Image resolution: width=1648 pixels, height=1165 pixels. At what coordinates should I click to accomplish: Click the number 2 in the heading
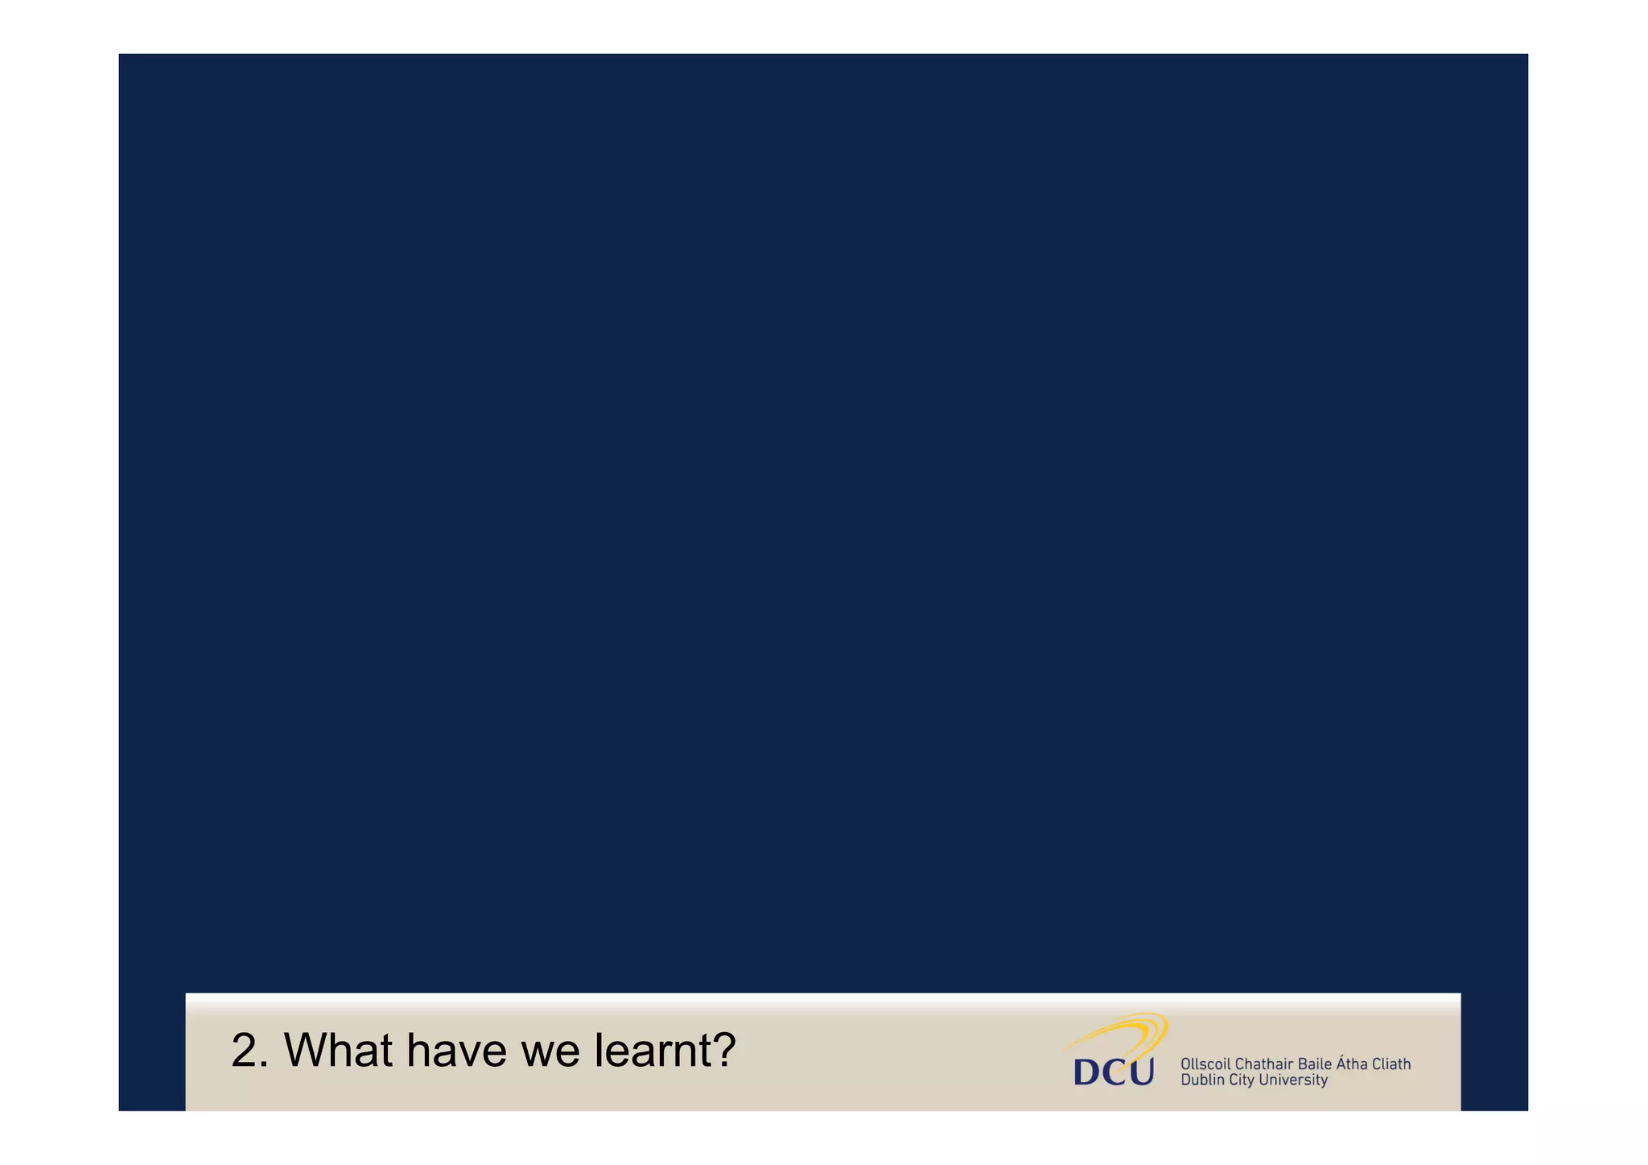(245, 1051)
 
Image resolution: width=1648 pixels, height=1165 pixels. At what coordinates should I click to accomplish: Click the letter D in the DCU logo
(1088, 1072)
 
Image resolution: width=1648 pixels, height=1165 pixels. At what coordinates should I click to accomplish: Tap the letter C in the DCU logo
(1115, 1072)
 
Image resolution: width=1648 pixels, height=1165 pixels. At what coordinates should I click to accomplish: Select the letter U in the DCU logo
(1141, 1072)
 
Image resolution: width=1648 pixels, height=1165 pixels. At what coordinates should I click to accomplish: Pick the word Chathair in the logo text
(1263, 1064)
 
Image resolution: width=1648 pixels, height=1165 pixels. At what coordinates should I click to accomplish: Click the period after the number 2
(266, 1066)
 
